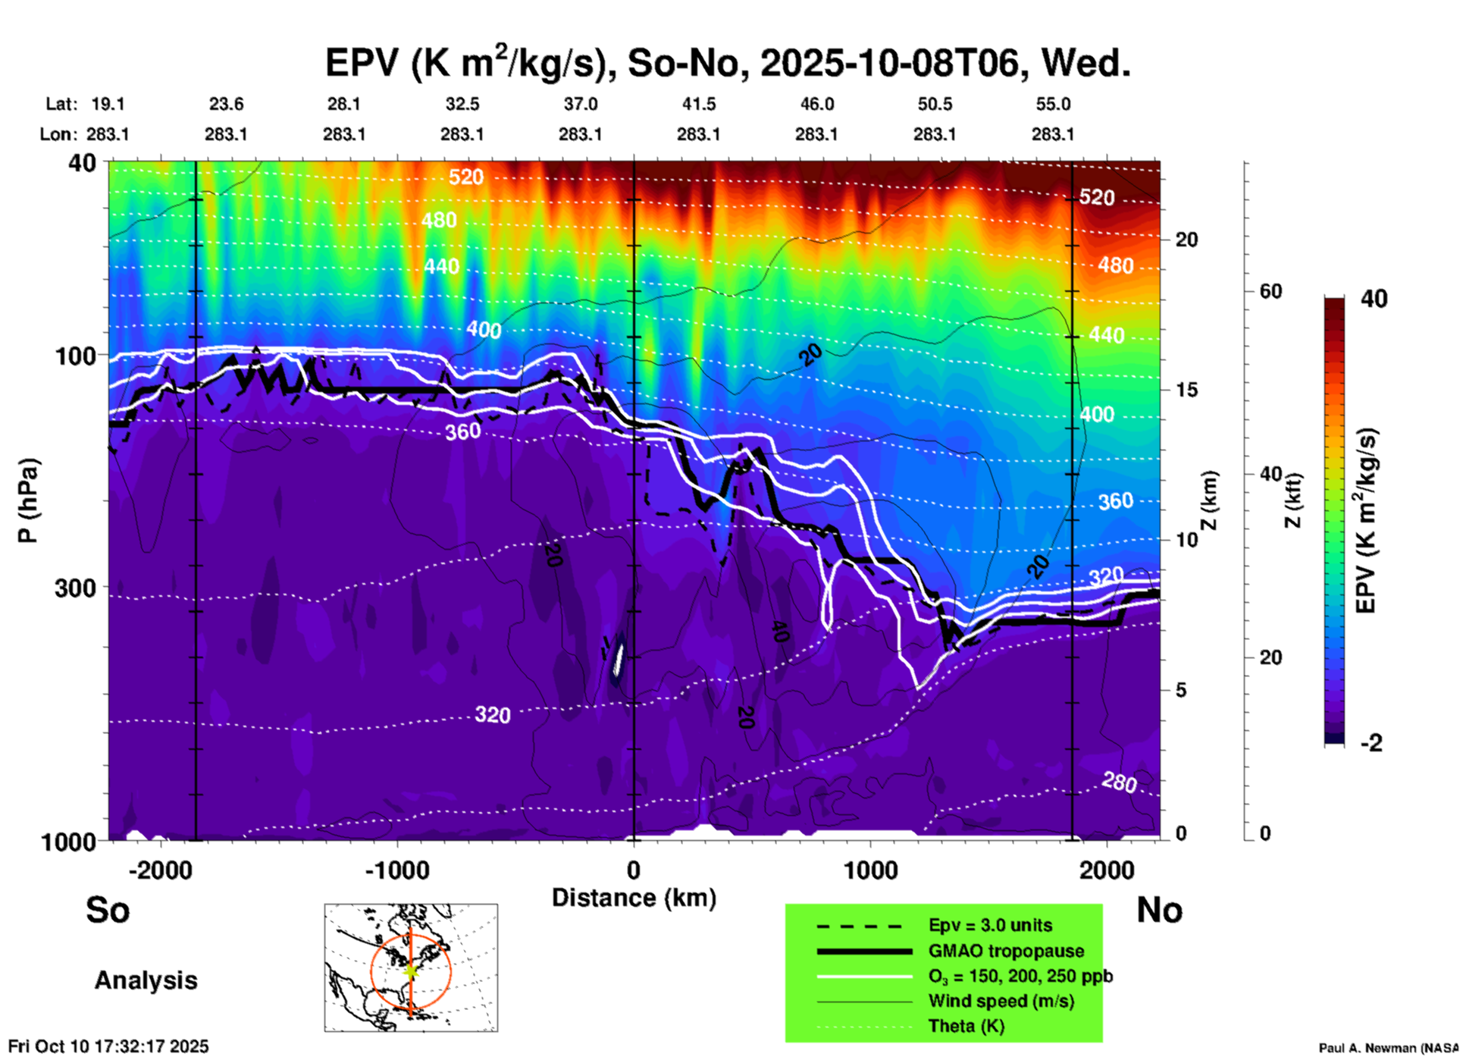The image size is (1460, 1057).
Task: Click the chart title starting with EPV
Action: tap(728, 62)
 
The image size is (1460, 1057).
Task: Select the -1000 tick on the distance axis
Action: tap(396, 870)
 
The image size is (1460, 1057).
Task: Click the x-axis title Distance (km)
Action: tap(634, 898)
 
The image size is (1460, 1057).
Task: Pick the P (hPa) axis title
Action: tap(28, 500)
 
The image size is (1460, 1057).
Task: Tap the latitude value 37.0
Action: tap(581, 104)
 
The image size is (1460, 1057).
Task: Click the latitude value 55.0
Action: tap(1053, 104)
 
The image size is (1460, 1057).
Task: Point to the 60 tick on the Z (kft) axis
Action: tap(1270, 291)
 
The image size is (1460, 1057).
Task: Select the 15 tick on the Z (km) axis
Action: tap(1187, 390)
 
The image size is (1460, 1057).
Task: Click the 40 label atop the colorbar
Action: tap(1374, 299)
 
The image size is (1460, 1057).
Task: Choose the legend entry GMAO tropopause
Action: tap(1006, 951)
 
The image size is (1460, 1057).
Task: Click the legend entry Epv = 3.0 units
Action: tap(990, 925)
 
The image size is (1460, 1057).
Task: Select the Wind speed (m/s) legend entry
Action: tap(1001, 1001)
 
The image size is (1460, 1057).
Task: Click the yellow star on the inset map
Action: tap(411, 970)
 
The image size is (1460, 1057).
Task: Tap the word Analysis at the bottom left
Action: tap(146, 980)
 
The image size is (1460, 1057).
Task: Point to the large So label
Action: tap(108, 910)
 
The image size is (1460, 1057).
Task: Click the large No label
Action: tap(1159, 910)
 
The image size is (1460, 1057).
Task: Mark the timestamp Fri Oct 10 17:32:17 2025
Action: tap(108, 1046)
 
